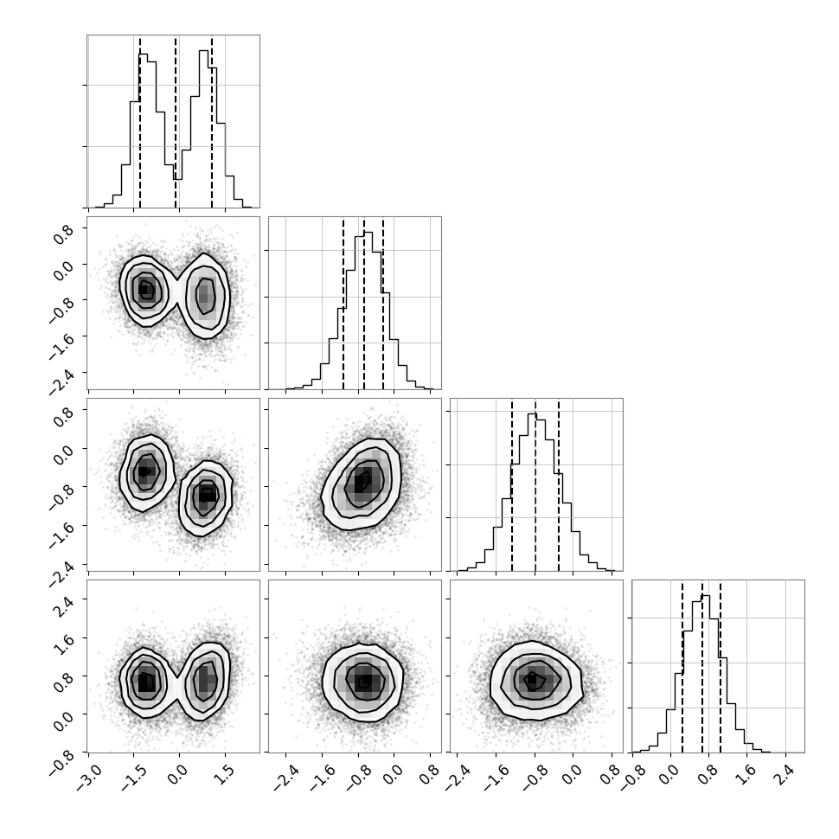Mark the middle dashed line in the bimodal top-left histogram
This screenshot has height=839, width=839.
pyautogui.click(x=176, y=122)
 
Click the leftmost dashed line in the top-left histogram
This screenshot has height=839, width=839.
pyautogui.click(x=139, y=122)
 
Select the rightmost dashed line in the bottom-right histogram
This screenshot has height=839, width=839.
pyautogui.click(x=721, y=667)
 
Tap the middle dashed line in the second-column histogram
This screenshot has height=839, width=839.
pyautogui.click(x=364, y=304)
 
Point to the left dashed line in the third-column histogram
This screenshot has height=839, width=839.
pyautogui.click(x=512, y=484)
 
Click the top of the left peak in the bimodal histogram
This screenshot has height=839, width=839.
pyautogui.click(x=144, y=54)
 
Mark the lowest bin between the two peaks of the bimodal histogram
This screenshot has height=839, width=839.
pyautogui.click(x=177, y=179)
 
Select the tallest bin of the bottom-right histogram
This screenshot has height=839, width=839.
pyautogui.click(x=705, y=596)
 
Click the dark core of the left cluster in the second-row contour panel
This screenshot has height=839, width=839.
pyautogui.click(x=144, y=290)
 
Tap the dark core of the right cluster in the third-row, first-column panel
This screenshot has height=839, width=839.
pyautogui.click(x=207, y=496)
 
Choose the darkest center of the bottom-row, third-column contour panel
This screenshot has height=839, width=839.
pyautogui.click(x=531, y=679)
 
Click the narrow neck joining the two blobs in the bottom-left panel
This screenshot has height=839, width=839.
pyautogui.click(x=177, y=684)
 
